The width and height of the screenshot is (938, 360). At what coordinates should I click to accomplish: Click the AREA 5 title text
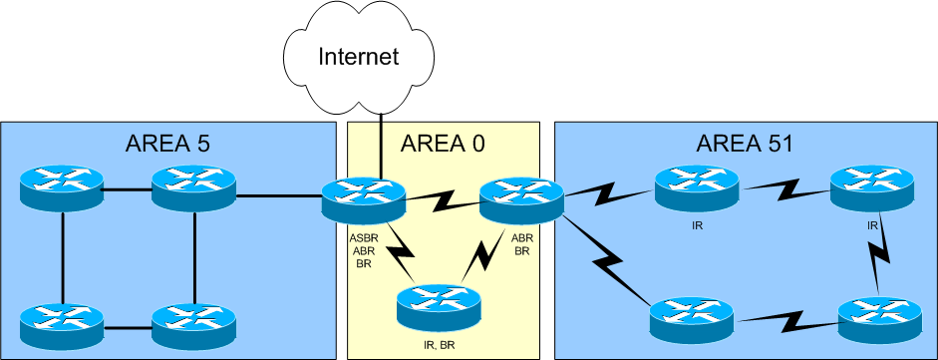167,142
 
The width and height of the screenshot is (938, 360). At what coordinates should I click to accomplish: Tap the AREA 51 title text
745,143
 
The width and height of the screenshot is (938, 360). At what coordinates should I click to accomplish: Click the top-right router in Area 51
872,185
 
